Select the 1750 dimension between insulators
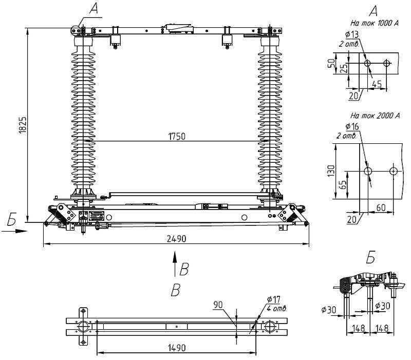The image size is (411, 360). click(x=176, y=137)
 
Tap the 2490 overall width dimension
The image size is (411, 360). click(x=176, y=239)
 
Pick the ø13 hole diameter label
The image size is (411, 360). click(x=352, y=34)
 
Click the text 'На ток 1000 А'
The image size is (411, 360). click(x=373, y=24)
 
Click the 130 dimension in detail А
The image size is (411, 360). click(x=331, y=169)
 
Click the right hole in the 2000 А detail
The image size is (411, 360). click(x=393, y=170)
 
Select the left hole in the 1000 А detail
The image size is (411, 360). click(x=367, y=63)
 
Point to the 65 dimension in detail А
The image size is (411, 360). click(x=343, y=182)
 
